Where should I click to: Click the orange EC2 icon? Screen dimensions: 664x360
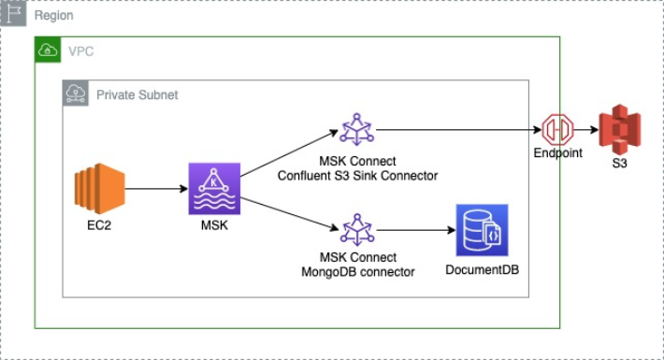click(99, 189)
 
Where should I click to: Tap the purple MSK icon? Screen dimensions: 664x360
click(214, 189)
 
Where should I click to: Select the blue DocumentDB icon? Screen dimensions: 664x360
click(482, 230)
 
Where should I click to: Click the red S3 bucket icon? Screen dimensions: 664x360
click(620, 130)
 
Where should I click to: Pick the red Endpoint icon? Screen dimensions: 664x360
click(557, 130)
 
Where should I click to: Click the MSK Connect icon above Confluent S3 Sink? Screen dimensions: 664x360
click(357, 130)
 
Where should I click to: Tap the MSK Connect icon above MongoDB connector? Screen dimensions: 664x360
click(357, 230)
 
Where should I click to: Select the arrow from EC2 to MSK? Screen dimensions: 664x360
click(156, 189)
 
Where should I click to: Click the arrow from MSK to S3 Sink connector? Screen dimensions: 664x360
click(289, 153)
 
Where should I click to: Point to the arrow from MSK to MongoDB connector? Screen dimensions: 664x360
click(290, 214)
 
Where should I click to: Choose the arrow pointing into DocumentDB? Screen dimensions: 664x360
click(416, 230)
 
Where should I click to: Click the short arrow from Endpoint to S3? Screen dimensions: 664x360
click(586, 130)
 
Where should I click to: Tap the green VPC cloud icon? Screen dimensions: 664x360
click(48, 50)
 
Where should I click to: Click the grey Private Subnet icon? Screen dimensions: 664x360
click(76, 93)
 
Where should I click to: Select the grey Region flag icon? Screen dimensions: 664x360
click(13, 13)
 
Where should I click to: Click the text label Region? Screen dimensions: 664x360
click(54, 15)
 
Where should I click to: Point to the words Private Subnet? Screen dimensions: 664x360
click(137, 94)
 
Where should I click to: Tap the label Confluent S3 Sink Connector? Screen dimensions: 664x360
click(358, 176)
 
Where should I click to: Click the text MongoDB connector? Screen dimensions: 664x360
click(358, 271)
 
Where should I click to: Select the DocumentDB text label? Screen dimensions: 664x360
click(483, 270)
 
